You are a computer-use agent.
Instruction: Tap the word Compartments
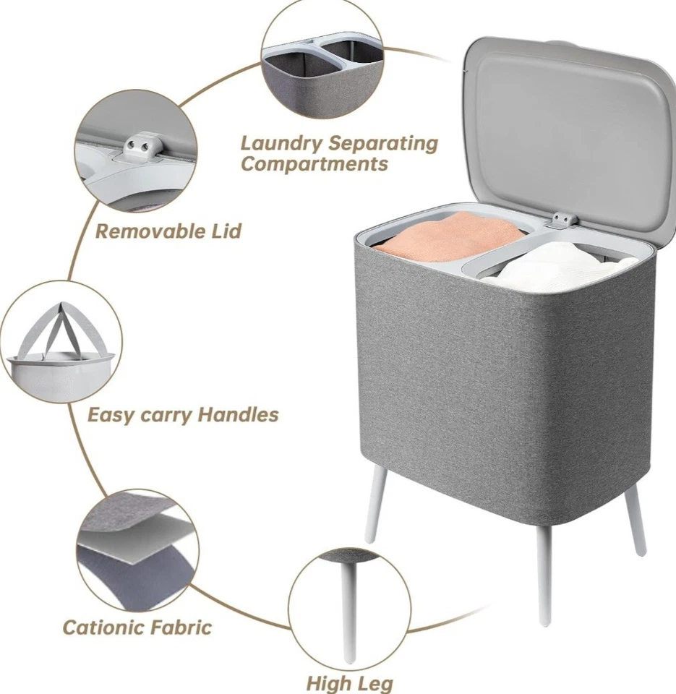[314, 164]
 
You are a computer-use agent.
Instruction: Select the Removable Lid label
[168, 232]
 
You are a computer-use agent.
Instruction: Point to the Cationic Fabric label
[137, 626]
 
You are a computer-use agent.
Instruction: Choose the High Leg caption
[350, 682]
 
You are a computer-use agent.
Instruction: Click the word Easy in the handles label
[107, 415]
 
